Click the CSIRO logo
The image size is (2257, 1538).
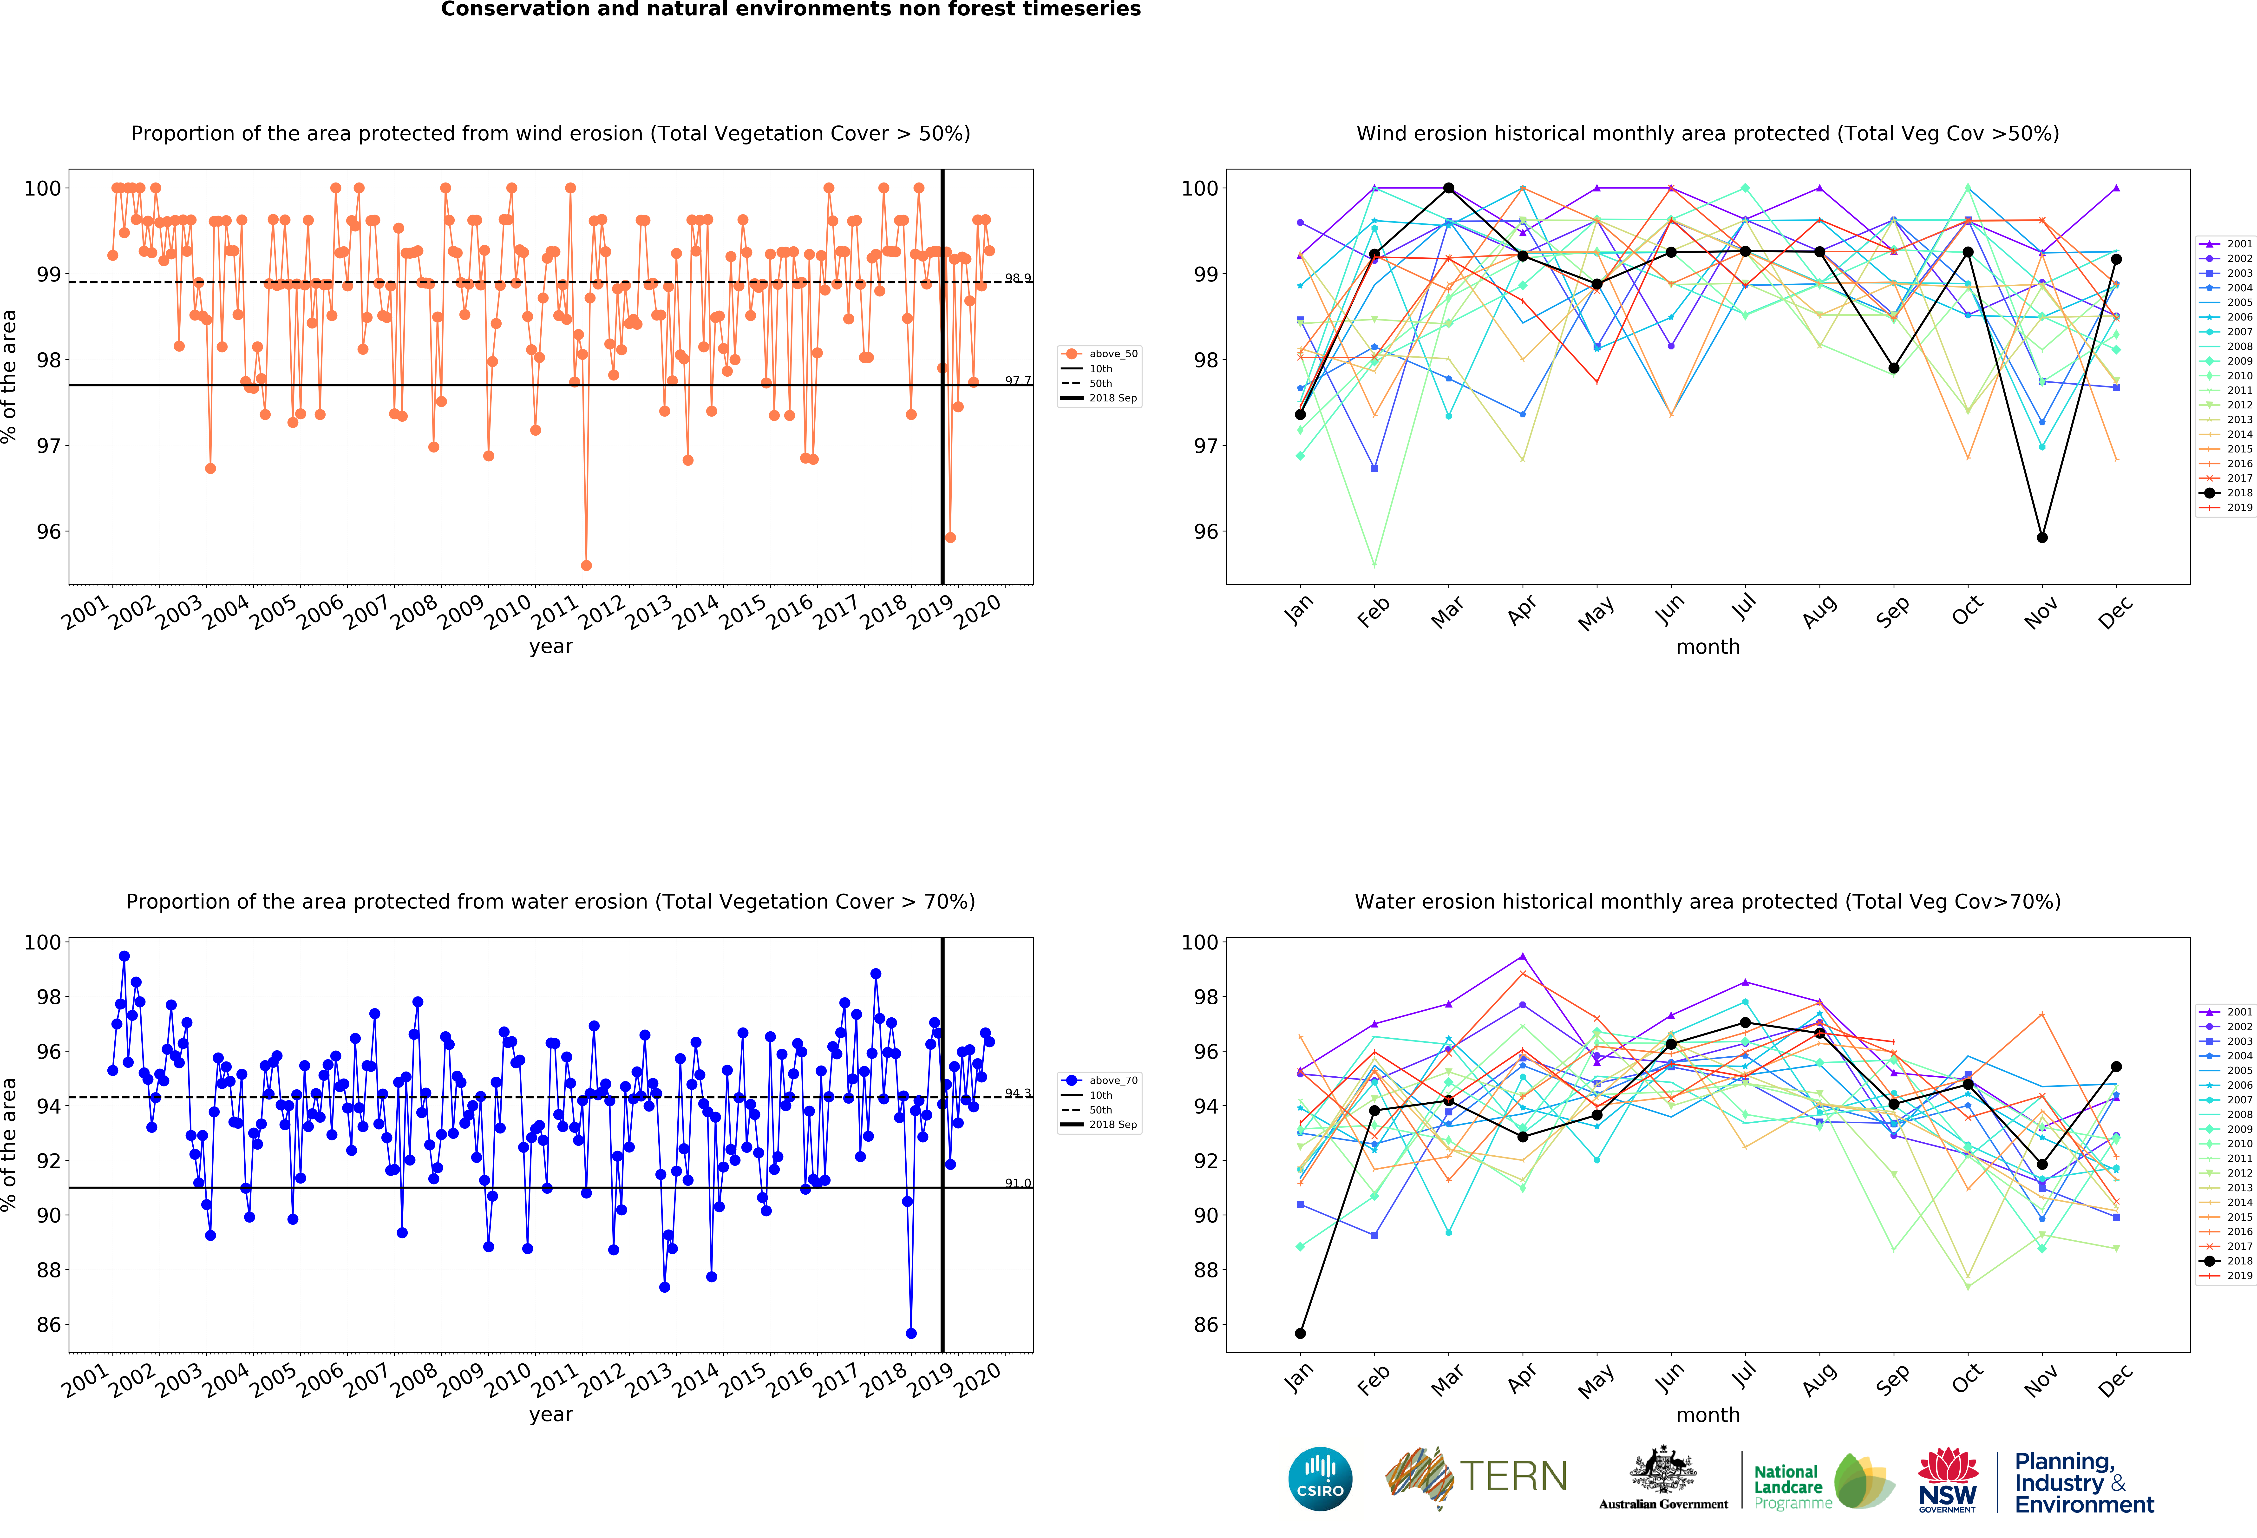pyautogui.click(x=1320, y=1479)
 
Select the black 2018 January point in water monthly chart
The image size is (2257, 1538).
pyautogui.click(x=1300, y=1333)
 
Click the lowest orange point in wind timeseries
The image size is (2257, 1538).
pyautogui.click(x=586, y=565)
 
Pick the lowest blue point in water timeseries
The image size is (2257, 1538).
pyautogui.click(x=911, y=1333)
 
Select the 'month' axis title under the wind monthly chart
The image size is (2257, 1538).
pyautogui.click(x=1707, y=647)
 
